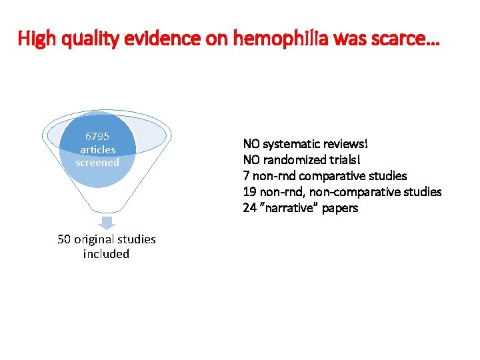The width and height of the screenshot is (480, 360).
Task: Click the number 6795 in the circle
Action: pyautogui.click(x=97, y=137)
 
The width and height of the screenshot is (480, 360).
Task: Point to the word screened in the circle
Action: pyautogui.click(x=97, y=162)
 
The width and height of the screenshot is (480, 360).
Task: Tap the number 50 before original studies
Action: pyautogui.click(x=65, y=239)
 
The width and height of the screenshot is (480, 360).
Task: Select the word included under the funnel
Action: pyautogui.click(x=107, y=254)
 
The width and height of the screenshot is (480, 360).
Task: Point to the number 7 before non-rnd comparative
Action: pyautogui.click(x=246, y=176)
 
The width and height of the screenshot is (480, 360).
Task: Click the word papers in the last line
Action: pyautogui.click(x=341, y=208)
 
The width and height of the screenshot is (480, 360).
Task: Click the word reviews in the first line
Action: pyautogui.click(x=344, y=144)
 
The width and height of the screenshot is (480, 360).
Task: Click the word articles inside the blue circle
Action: pyautogui.click(x=97, y=149)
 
